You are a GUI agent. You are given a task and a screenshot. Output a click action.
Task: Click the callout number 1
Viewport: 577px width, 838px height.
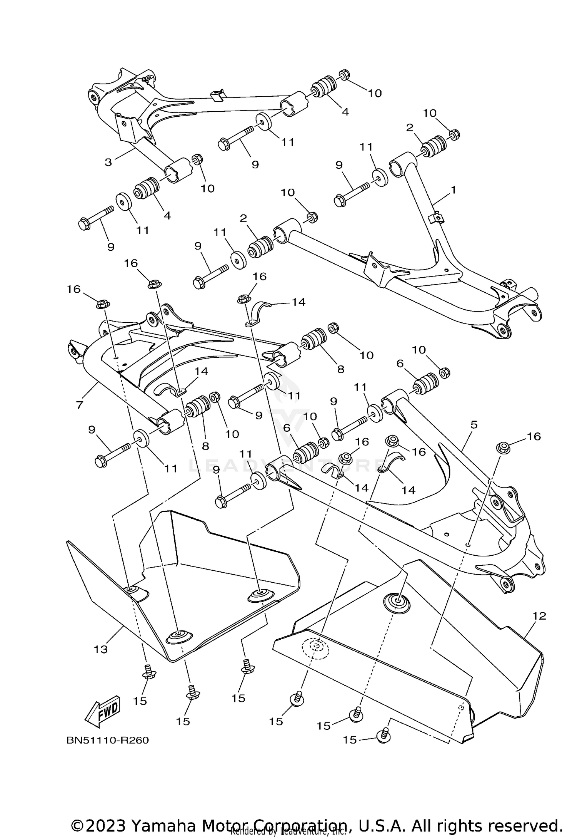453,190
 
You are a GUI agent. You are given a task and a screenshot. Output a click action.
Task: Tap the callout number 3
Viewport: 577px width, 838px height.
108,162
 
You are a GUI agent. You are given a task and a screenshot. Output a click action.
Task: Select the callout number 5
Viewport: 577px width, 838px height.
474,424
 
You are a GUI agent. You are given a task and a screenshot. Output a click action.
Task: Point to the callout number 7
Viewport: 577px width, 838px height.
79,405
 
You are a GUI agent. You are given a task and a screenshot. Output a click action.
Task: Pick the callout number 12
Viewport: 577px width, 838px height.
539,616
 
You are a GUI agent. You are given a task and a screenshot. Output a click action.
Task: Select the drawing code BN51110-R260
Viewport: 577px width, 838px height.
108,740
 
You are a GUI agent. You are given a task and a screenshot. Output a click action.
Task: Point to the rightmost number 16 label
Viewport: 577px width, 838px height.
534,436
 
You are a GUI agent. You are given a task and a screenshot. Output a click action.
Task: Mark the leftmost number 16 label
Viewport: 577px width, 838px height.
74,289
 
